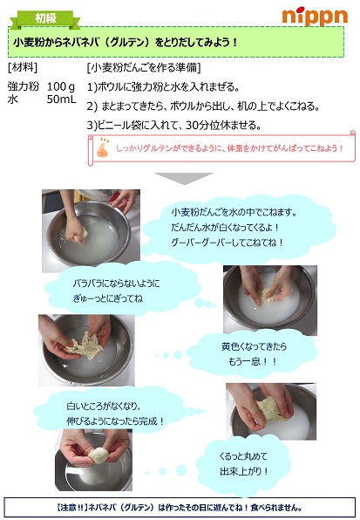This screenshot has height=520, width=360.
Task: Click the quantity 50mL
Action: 61,100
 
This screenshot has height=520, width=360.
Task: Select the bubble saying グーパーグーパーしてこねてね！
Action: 227,242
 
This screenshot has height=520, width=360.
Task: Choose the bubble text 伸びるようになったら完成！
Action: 115,420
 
